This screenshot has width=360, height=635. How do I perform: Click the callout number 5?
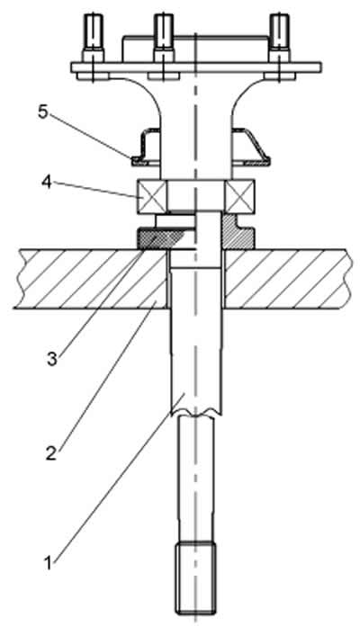tap(43, 112)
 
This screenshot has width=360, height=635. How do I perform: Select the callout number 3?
tap(52, 359)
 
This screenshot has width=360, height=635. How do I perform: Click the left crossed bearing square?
tap(152, 197)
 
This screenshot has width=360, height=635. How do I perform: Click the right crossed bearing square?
tap(240, 197)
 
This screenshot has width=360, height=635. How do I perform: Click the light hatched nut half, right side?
tap(238, 232)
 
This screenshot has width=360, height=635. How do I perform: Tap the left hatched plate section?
tap(91, 279)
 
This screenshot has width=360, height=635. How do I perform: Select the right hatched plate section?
tap(286, 279)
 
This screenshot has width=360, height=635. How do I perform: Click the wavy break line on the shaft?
tap(196, 415)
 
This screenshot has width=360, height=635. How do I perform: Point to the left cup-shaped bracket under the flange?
tap(147, 148)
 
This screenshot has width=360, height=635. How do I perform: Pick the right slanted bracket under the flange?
tap(251, 147)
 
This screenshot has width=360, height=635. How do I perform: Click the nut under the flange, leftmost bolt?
tap(93, 76)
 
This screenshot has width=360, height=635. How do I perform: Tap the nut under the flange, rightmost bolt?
tap(280, 76)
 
